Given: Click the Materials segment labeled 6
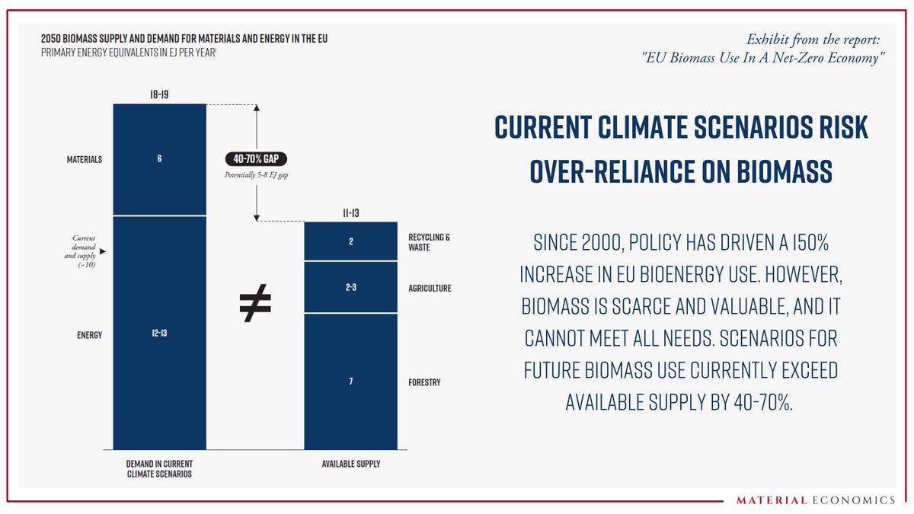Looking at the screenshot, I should pyautogui.click(x=159, y=159).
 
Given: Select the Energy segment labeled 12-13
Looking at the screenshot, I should pyautogui.click(x=159, y=334).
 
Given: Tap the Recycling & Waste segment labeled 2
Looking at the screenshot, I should pyautogui.click(x=350, y=241).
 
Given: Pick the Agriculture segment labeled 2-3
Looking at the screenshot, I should pyautogui.click(x=350, y=288).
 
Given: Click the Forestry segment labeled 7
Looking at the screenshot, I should pyautogui.click(x=350, y=381).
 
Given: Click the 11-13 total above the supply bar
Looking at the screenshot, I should pyautogui.click(x=350, y=212).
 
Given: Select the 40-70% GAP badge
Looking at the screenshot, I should pyautogui.click(x=256, y=160).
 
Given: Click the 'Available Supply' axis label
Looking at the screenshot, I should pyautogui.click(x=350, y=465).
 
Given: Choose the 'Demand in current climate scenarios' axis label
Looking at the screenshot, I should pyautogui.click(x=159, y=469).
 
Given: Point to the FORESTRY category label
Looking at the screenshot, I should pyautogui.click(x=424, y=382).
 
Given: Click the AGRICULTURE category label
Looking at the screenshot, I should pyautogui.click(x=430, y=289).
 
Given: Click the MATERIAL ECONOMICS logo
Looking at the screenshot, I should pyautogui.click(x=816, y=500).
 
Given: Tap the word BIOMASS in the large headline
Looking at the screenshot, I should pyautogui.click(x=774, y=172).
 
